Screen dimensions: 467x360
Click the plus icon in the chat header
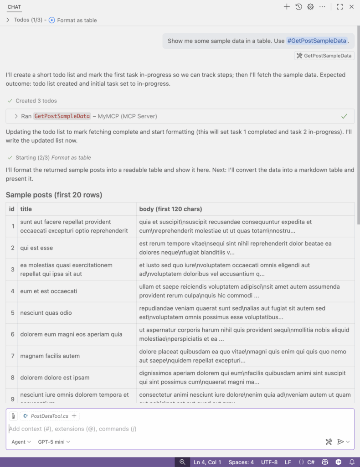[x=287, y=7]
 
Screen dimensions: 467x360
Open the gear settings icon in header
[x=311, y=7]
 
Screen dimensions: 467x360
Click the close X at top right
[x=351, y=7]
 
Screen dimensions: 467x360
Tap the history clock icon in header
[x=299, y=7]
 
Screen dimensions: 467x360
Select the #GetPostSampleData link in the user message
[x=317, y=41]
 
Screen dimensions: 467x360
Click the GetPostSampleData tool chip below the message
[x=324, y=56]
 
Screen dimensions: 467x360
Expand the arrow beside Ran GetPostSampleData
[x=16, y=116]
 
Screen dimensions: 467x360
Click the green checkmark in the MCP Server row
[x=345, y=116]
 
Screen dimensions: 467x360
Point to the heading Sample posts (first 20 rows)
[x=54, y=195]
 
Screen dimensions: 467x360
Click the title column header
[x=26, y=209]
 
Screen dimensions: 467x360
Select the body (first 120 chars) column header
[x=170, y=209]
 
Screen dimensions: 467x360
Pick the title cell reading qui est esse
[x=36, y=248]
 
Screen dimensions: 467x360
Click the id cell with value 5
[x=13, y=313]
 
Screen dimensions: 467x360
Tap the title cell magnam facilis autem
[x=50, y=356]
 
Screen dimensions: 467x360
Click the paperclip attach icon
[x=13, y=416]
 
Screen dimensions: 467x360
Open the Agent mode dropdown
[x=21, y=441]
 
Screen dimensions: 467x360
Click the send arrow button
[x=340, y=441]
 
